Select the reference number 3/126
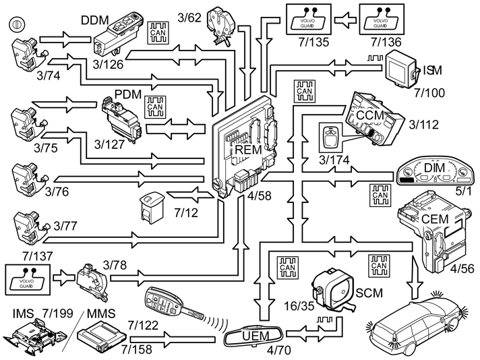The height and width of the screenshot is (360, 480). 111,65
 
